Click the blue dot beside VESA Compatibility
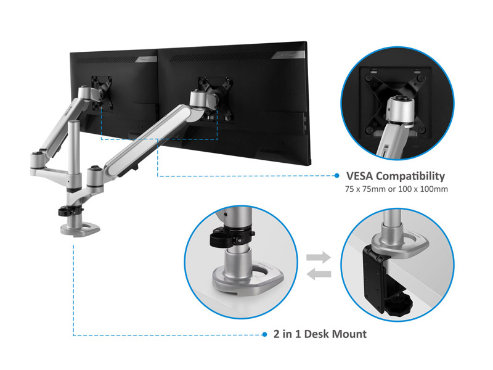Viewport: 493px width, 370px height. coord(336,176)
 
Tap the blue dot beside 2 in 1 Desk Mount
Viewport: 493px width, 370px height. coord(264,334)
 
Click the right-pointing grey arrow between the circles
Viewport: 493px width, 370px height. coord(319,257)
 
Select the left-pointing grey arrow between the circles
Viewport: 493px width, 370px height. coord(319,274)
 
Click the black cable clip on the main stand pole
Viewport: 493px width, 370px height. coord(70,211)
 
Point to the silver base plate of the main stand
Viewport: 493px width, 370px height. coord(80,229)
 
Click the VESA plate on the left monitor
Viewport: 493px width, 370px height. coord(102,93)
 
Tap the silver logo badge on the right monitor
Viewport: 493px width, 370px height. coord(288,55)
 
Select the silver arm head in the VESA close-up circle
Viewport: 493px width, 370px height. coord(400,112)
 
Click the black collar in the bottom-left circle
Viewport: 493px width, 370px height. coord(232,237)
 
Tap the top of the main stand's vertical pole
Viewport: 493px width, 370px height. coord(74,122)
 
